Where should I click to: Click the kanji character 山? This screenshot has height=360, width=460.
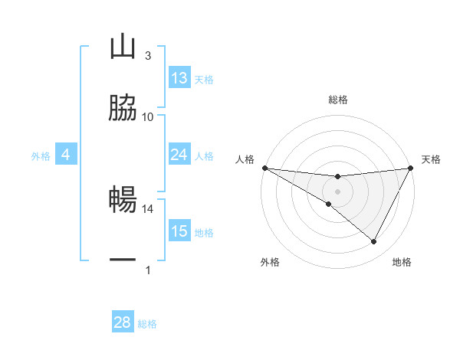coord(123,47)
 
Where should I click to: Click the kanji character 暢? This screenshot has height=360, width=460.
coord(123,200)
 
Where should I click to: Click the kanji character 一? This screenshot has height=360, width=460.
coord(123,260)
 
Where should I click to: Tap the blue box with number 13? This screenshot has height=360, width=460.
coord(179,78)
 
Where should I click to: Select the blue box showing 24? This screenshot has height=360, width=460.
coord(179,155)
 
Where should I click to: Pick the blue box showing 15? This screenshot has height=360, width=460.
coord(179,231)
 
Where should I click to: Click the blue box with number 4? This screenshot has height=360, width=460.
coord(66,155)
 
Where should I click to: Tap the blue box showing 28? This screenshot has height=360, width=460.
coord(123,322)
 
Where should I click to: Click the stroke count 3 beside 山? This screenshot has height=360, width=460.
coord(148,56)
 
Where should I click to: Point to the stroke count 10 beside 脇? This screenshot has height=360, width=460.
coord(148,116)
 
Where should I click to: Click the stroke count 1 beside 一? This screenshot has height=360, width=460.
coord(148,270)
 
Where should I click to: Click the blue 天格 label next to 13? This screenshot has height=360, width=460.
coord(204,80)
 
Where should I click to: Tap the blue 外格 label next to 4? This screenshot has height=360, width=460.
coord(41,156)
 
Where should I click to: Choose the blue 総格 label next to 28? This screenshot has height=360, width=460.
coord(147,324)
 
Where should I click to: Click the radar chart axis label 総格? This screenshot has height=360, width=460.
coord(337,100)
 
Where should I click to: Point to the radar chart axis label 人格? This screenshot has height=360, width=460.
coord(245,159)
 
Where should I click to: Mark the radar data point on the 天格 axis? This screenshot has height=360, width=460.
coord(411,168)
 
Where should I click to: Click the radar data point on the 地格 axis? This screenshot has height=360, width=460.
coord(374,242)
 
